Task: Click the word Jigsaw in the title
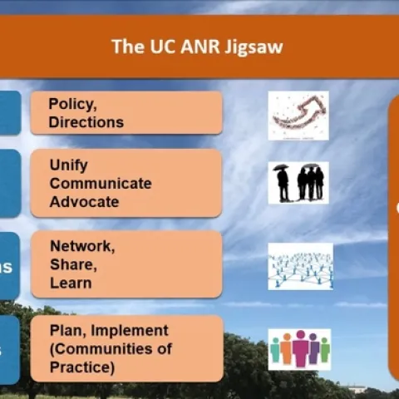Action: [256, 46]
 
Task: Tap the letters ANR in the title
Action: [202, 46]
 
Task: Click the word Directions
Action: [86, 122]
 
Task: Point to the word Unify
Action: [68, 165]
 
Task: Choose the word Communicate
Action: [101, 183]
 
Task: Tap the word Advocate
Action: [84, 201]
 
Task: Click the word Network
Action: [81, 246]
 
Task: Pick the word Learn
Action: [70, 283]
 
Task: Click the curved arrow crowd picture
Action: [298, 116]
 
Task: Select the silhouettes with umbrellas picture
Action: [298, 183]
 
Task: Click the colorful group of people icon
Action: [299, 349]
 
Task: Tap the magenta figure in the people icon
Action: [300, 349]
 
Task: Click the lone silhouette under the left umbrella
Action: [283, 183]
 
